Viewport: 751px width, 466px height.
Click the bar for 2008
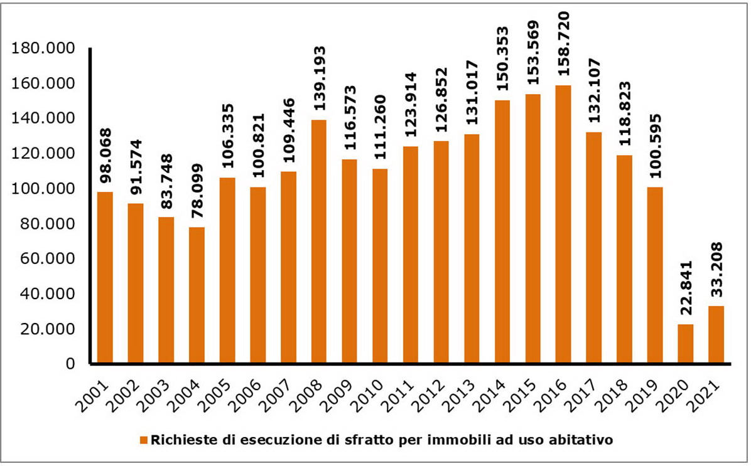point(319,241)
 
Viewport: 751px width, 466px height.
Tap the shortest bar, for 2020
point(686,344)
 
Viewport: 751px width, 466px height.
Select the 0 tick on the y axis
point(70,364)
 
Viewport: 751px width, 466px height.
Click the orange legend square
point(144,440)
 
